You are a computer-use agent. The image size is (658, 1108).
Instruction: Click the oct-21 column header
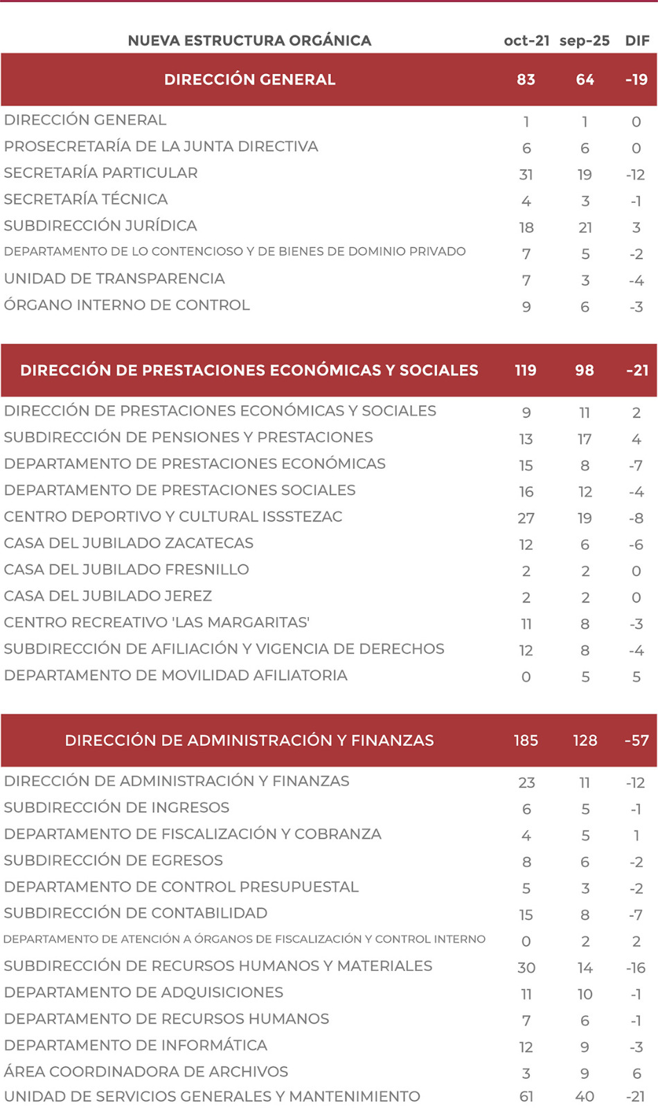[x=526, y=41]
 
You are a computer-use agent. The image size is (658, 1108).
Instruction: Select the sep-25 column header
[x=585, y=41]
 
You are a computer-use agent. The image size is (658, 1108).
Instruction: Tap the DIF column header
[x=637, y=41]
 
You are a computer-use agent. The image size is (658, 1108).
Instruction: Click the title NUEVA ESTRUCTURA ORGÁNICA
[x=249, y=41]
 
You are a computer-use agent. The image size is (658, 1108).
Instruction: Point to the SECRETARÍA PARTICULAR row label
[x=101, y=173]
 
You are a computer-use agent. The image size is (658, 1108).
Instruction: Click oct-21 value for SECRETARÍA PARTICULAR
[x=526, y=175]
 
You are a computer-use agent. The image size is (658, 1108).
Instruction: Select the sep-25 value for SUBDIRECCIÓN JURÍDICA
[x=585, y=227]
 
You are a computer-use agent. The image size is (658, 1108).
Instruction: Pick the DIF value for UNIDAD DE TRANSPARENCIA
[x=637, y=280]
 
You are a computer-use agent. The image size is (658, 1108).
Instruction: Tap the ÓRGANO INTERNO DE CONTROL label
[x=127, y=305]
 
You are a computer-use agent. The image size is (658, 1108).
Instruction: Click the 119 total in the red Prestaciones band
[x=526, y=370]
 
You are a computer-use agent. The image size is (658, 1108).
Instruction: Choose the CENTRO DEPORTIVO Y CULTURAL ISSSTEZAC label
[x=173, y=517]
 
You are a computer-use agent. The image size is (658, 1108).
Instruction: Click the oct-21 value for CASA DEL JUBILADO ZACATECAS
[x=526, y=545]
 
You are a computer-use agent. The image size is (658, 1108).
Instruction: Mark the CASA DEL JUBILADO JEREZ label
[x=108, y=596]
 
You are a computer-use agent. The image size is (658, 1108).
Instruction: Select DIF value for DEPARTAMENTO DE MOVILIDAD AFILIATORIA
[x=637, y=677]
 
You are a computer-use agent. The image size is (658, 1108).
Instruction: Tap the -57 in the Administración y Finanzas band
[x=637, y=741]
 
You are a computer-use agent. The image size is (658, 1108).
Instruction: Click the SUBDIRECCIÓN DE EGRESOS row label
[x=114, y=861]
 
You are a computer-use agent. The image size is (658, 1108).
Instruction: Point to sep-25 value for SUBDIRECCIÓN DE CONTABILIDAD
[x=585, y=915]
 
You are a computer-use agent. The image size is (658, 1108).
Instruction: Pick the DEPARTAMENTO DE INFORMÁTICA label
[x=136, y=1046]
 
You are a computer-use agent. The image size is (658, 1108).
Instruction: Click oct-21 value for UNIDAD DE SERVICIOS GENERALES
[x=526, y=1097]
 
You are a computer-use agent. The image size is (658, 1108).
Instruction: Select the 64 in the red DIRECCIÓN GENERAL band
[x=585, y=80]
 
